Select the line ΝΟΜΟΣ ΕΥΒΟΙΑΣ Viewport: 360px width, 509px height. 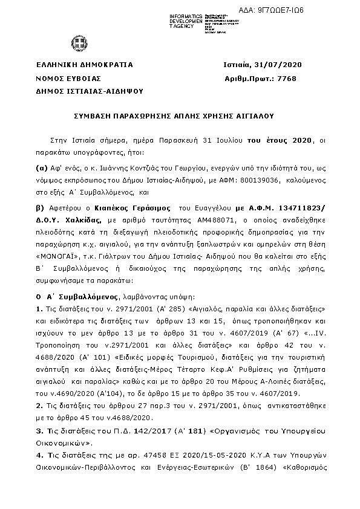click(x=68, y=79)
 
